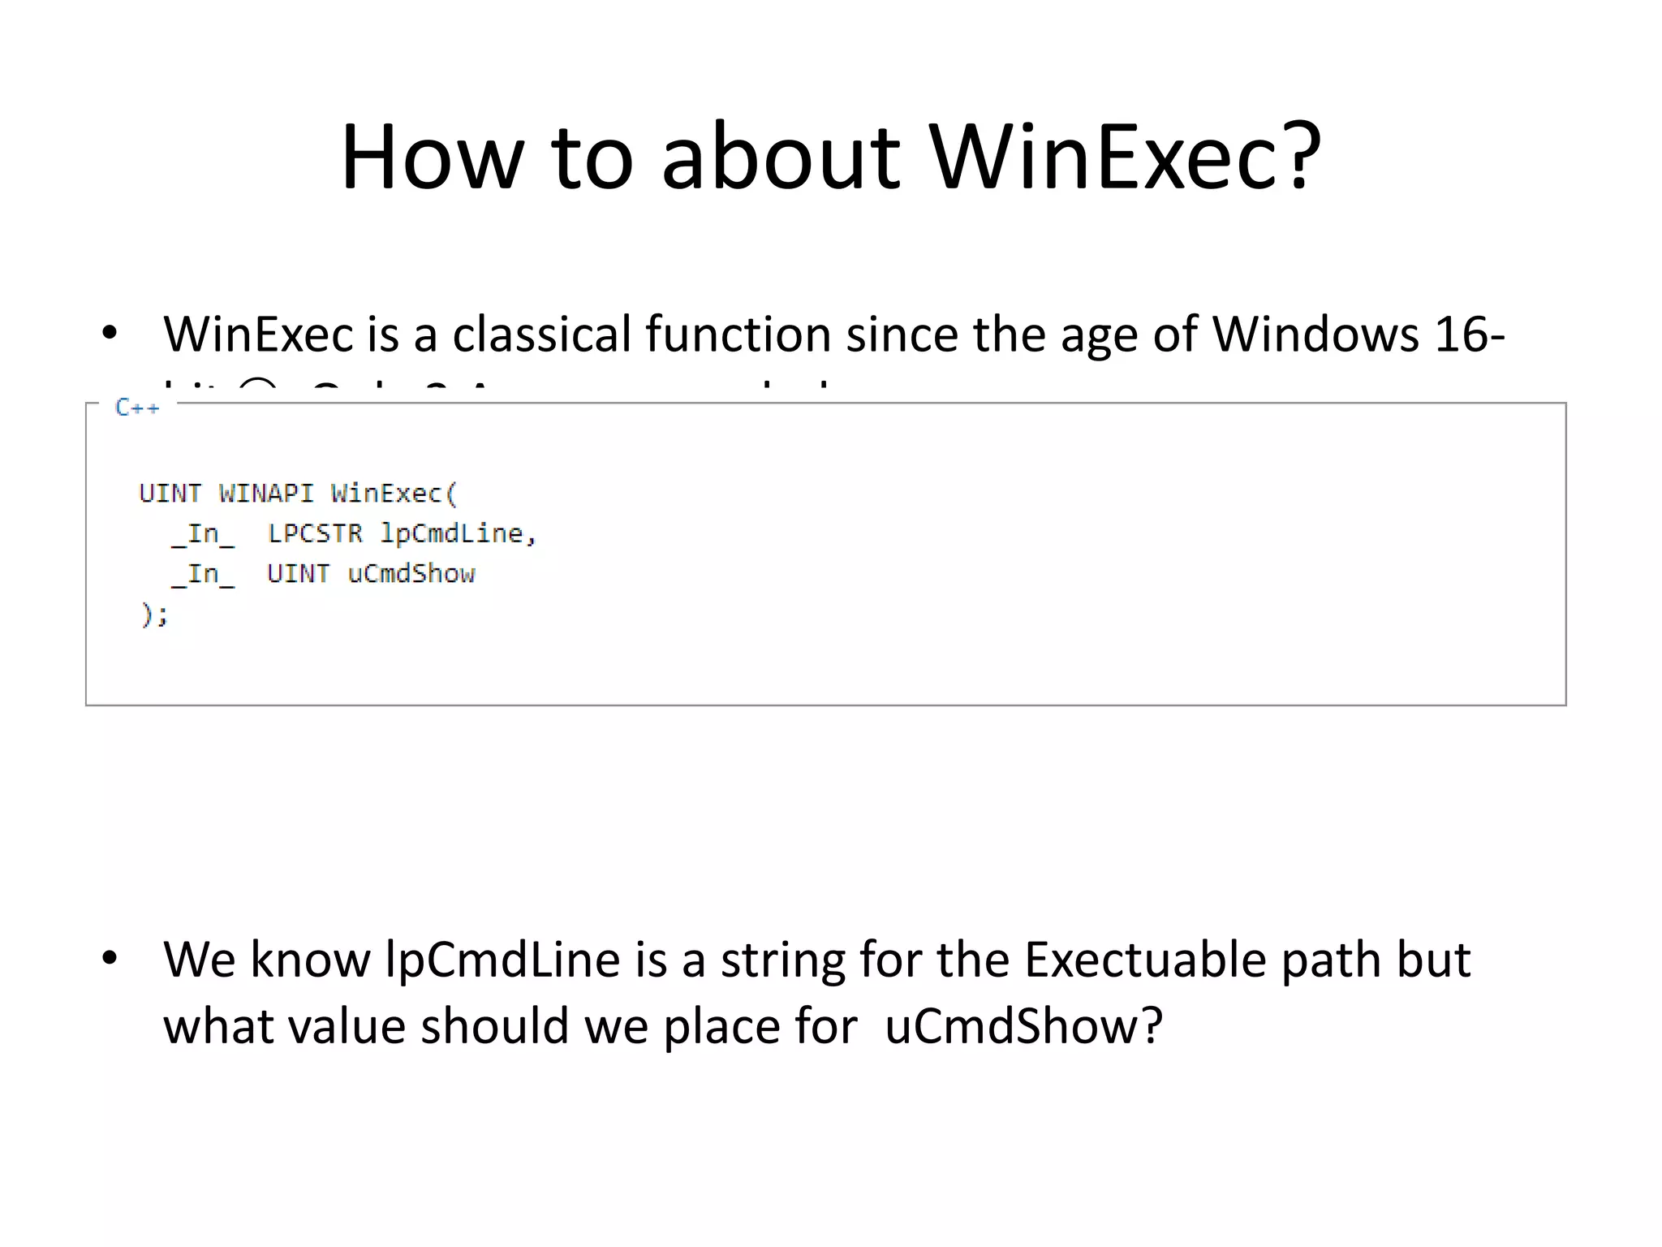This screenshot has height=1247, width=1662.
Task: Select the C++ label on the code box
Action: [x=137, y=407]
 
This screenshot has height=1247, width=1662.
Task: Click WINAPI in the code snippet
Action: [x=265, y=493]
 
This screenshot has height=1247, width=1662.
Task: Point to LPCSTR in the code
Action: [x=315, y=533]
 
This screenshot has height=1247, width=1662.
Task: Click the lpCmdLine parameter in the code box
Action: [x=452, y=533]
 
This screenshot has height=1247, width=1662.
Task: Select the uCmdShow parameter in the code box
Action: [x=411, y=574]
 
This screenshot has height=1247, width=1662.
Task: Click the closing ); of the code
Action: [x=154, y=615]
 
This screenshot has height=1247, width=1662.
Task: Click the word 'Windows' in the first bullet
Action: [x=1315, y=334]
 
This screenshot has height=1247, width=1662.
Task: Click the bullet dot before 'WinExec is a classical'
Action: [x=110, y=334]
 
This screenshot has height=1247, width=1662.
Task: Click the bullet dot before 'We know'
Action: [x=110, y=959]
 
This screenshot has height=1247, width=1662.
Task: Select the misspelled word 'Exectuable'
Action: [x=1145, y=960]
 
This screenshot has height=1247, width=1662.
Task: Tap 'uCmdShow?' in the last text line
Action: [x=1023, y=1026]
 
